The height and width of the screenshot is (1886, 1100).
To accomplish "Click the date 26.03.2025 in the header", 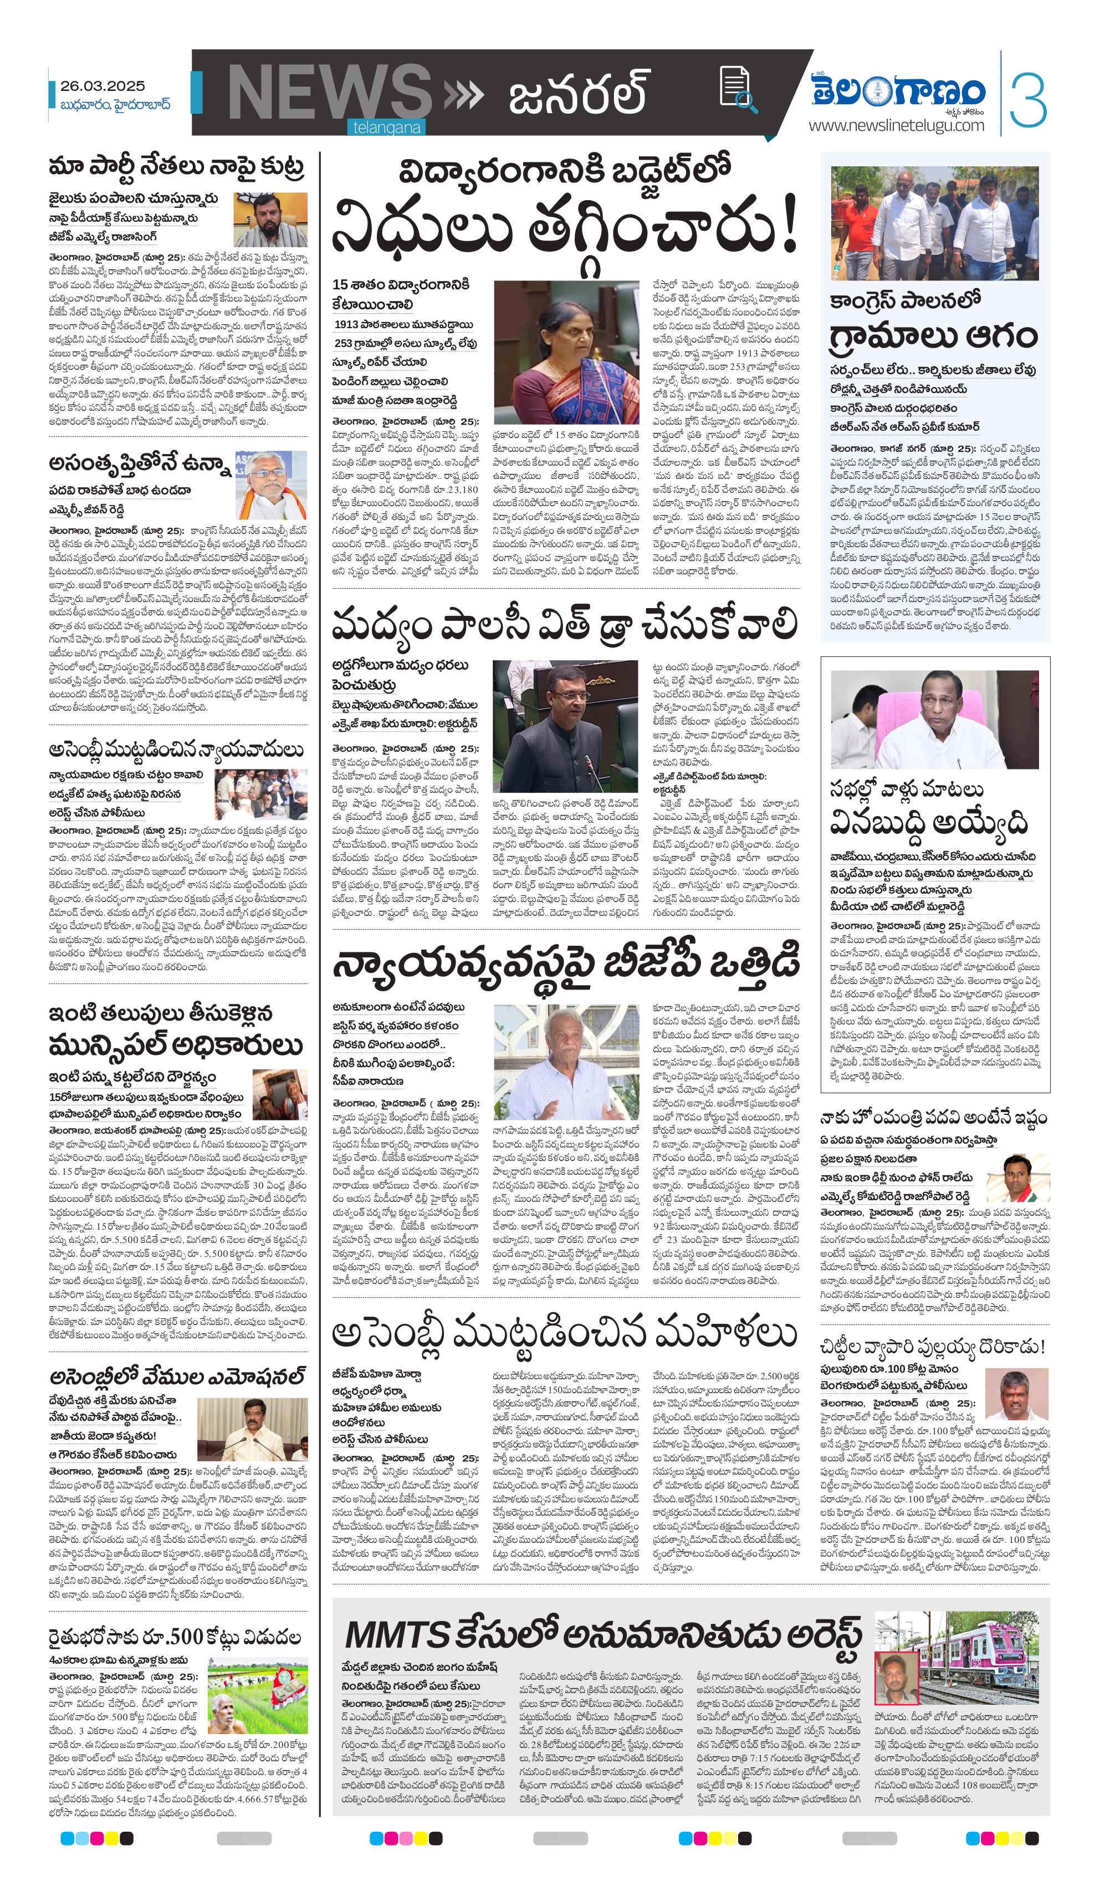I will click(x=103, y=86).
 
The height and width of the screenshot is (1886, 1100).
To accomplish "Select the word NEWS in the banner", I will click(x=329, y=94).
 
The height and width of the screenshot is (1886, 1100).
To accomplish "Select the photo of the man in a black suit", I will click(x=565, y=726).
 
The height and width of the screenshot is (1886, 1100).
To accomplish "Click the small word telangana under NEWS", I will click(x=387, y=128).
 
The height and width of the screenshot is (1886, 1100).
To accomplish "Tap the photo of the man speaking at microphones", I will click(x=253, y=1429).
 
